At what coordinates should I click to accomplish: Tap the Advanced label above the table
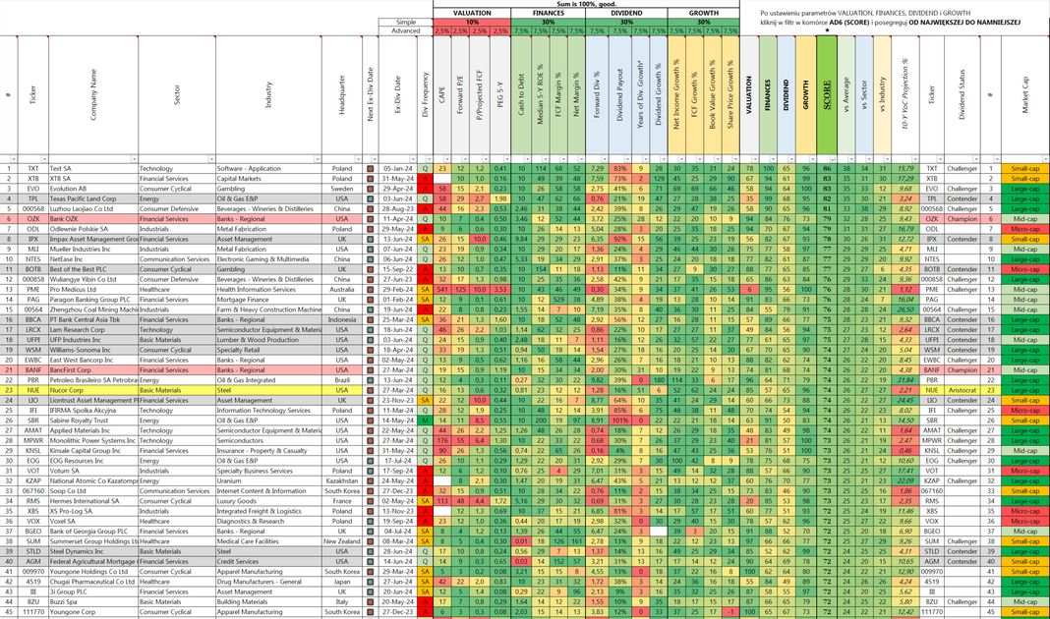click(x=406, y=30)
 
